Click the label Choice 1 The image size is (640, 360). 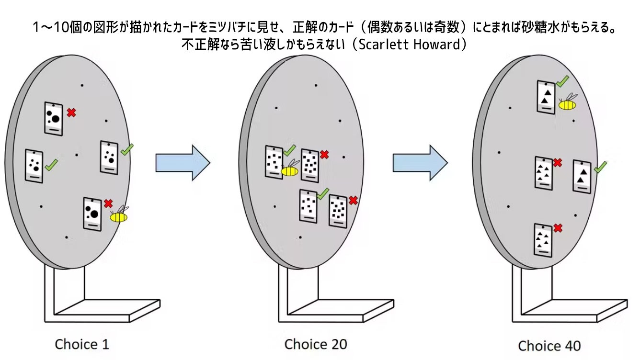pyautogui.click(x=82, y=344)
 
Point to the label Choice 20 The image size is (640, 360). pyautogui.click(x=316, y=344)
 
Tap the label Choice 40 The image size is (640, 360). pyautogui.click(x=549, y=346)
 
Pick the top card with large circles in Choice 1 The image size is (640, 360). pyautogui.click(x=53, y=118)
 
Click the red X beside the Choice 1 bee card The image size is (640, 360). pyautogui.click(x=109, y=203)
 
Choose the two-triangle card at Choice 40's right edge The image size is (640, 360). pyautogui.click(x=582, y=177)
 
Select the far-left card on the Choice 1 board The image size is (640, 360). pyautogui.click(x=34, y=166)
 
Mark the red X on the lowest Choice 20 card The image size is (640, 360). pyautogui.click(x=354, y=200)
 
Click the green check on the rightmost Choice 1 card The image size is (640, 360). pyautogui.click(x=127, y=149)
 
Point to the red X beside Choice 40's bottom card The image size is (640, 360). pyautogui.click(x=558, y=228)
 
